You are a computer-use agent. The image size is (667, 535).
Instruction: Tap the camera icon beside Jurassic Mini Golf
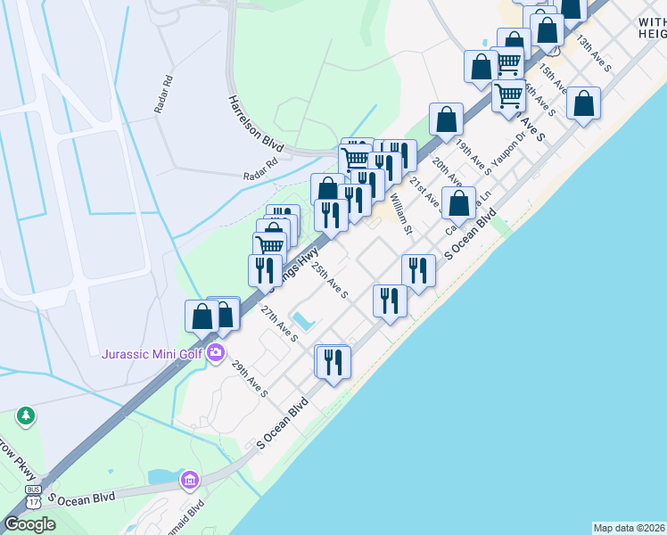pyautogui.click(x=216, y=354)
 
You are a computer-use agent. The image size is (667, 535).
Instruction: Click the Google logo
pyautogui.click(x=29, y=524)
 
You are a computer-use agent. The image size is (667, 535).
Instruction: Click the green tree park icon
pyautogui.click(x=26, y=416)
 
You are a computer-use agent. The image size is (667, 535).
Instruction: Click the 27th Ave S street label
pyautogui.click(x=279, y=323)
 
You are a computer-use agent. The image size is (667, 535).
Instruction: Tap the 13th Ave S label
pyautogui.click(x=593, y=53)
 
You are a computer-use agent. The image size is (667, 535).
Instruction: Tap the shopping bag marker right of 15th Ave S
pyautogui.click(x=583, y=104)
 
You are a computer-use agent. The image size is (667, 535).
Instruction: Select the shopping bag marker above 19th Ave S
pyautogui.click(x=446, y=119)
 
